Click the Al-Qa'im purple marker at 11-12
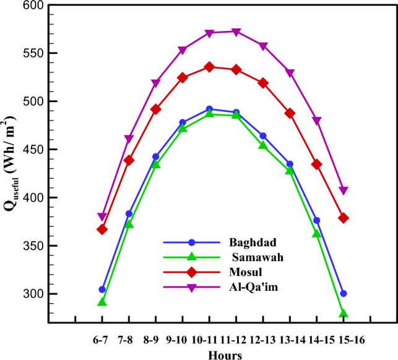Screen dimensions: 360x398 click(236, 32)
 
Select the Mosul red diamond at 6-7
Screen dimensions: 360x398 click(102, 229)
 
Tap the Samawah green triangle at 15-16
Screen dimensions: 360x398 click(344, 314)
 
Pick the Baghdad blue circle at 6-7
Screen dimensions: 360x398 click(102, 289)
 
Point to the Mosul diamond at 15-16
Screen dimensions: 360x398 click(344, 218)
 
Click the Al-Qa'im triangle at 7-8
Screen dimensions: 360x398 click(129, 139)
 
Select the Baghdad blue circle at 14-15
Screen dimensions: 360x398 click(317, 220)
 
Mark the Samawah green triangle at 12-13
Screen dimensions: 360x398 click(263, 145)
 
